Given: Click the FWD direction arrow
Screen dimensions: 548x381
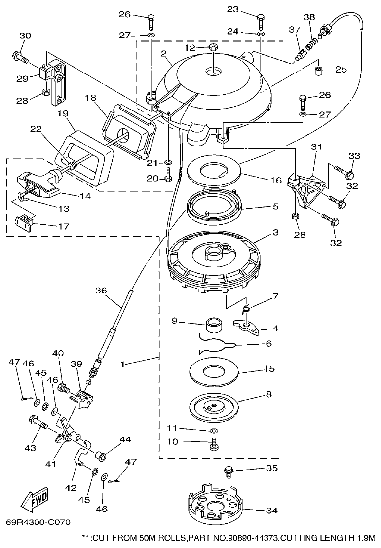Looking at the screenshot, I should [x=35, y=502].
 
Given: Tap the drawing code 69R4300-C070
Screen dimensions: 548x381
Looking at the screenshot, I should [x=38, y=522].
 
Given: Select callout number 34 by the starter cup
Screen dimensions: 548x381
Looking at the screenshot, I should [x=271, y=511].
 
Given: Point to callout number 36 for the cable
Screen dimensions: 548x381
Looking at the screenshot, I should [x=101, y=291].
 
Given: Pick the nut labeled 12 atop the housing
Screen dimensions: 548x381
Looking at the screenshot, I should [x=214, y=47].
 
